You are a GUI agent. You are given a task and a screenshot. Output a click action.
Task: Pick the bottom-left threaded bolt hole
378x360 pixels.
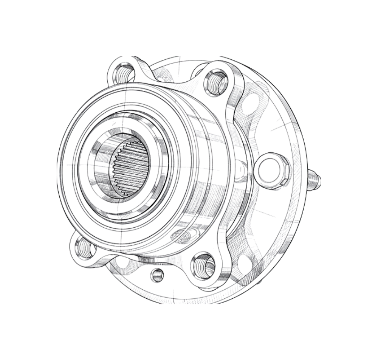(x=83, y=248)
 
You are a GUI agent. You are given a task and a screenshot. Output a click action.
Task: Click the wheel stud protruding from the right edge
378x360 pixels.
(x=314, y=181)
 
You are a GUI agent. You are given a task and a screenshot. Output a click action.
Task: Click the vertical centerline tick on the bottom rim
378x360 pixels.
(x=173, y=295)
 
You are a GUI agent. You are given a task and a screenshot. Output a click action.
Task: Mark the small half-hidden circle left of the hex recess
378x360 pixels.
(x=240, y=166)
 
